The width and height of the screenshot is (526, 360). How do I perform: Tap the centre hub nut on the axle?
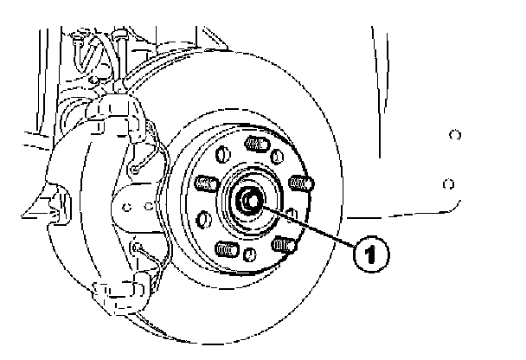(x=249, y=200)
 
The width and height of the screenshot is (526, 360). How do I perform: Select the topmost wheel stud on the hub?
(x=254, y=144)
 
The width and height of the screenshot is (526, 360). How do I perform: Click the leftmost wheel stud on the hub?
(x=204, y=183)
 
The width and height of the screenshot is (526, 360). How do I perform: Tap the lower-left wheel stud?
(x=224, y=248)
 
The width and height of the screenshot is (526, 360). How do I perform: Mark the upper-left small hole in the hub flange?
(x=220, y=157)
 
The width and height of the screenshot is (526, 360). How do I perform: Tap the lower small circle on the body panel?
(x=446, y=183)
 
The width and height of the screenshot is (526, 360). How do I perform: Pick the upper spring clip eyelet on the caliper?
(x=136, y=170)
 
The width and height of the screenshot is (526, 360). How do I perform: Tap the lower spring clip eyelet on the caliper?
(x=138, y=247)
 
